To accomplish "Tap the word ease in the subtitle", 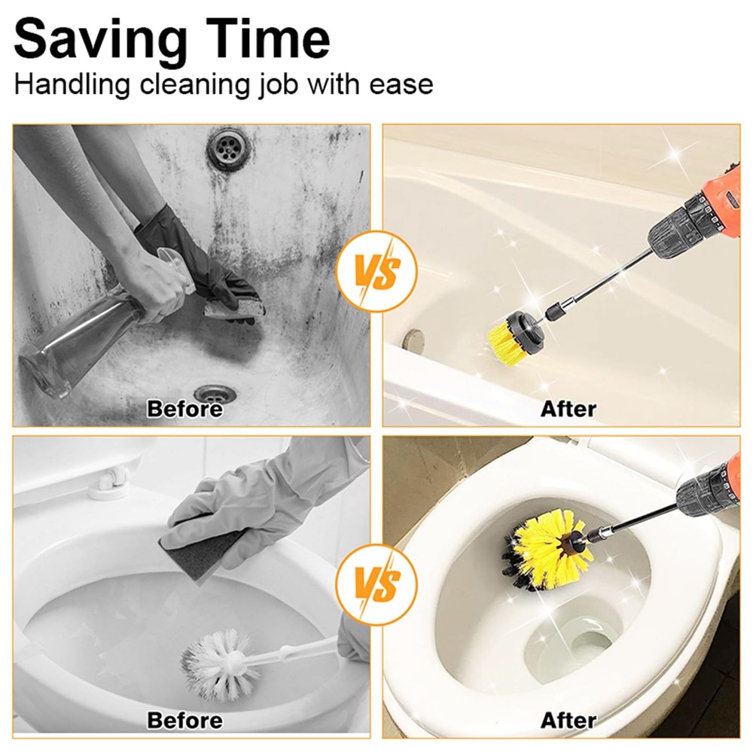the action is (401, 84).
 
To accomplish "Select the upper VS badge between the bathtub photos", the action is (376, 271).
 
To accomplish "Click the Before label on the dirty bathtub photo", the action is (185, 409).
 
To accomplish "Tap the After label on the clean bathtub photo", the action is (568, 409).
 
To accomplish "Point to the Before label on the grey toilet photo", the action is (185, 721).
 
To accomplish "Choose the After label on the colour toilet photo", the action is (568, 721).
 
